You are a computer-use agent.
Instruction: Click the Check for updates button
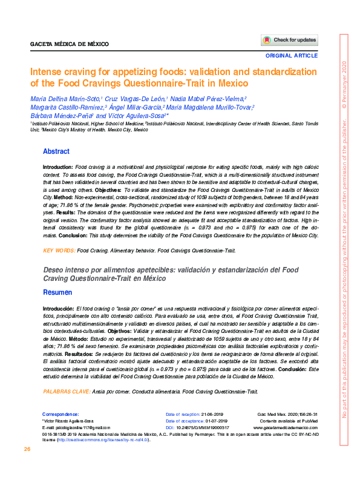point(289,40)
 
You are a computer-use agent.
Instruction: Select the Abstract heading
point(56,151)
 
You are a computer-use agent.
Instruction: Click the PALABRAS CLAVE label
point(66,392)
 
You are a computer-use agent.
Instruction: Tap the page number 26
point(27,449)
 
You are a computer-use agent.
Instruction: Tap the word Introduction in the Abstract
point(57,166)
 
